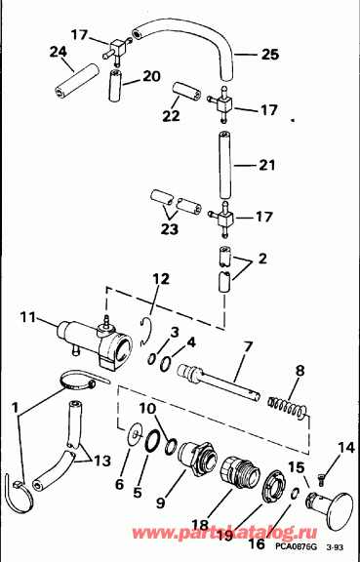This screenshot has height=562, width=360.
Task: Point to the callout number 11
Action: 28,316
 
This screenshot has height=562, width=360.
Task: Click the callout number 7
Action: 249,346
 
